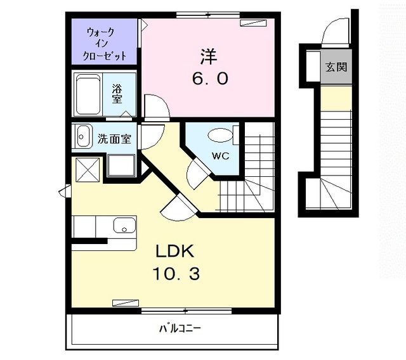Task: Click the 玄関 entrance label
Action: [x=336, y=67]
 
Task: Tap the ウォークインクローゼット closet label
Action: [x=105, y=43]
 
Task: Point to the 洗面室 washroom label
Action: [x=114, y=139]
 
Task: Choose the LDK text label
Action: [x=174, y=252]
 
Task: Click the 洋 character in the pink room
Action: [x=209, y=57]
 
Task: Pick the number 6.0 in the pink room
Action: [x=209, y=79]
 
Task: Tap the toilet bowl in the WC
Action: [x=221, y=136]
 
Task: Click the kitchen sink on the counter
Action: [x=124, y=225]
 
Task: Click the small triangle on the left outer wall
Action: [x=65, y=191]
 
